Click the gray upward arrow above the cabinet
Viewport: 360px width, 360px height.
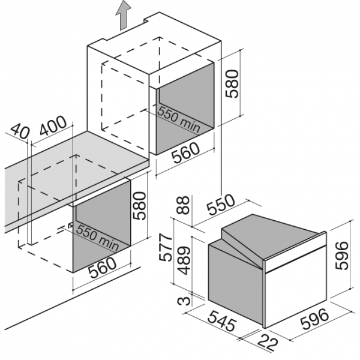coord(123,15)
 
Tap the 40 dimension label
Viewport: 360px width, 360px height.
coord(20,132)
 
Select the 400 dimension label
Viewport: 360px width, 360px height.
coord(53,126)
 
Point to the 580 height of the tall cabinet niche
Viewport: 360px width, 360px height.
coord(232,84)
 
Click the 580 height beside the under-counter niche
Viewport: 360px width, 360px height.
coord(139,206)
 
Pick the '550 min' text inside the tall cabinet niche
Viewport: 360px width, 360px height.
coord(179,119)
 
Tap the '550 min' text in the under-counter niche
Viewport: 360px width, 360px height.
coord(97,238)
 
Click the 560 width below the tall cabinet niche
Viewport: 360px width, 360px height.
coord(186,153)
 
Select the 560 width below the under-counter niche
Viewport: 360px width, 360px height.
coord(103,268)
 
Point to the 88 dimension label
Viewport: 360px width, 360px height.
coord(184,205)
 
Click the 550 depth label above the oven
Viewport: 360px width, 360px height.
coord(221,205)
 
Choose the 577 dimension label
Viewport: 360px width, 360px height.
coord(166,247)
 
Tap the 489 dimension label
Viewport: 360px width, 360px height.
coord(184,260)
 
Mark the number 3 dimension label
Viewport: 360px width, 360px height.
coord(184,301)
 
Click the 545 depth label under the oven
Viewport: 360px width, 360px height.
coord(222,321)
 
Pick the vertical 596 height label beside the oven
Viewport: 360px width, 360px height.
coord(341,256)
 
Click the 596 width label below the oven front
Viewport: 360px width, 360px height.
coord(314,319)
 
